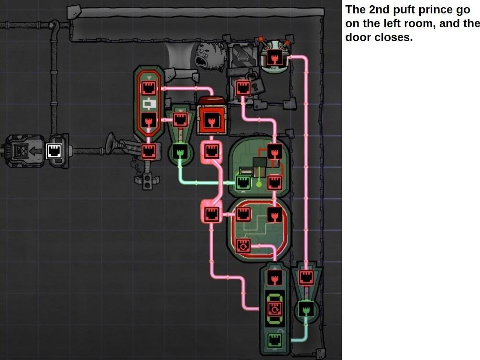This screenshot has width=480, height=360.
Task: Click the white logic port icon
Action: [55, 152]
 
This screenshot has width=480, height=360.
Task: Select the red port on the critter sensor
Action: [274, 59]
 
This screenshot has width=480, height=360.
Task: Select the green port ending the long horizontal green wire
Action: [243, 182]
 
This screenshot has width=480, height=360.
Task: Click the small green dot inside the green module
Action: [259, 184]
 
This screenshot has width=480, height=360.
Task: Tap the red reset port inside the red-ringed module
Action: [243, 246]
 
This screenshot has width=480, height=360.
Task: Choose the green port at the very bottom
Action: [274, 341]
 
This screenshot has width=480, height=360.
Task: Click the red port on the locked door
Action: [243, 87]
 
